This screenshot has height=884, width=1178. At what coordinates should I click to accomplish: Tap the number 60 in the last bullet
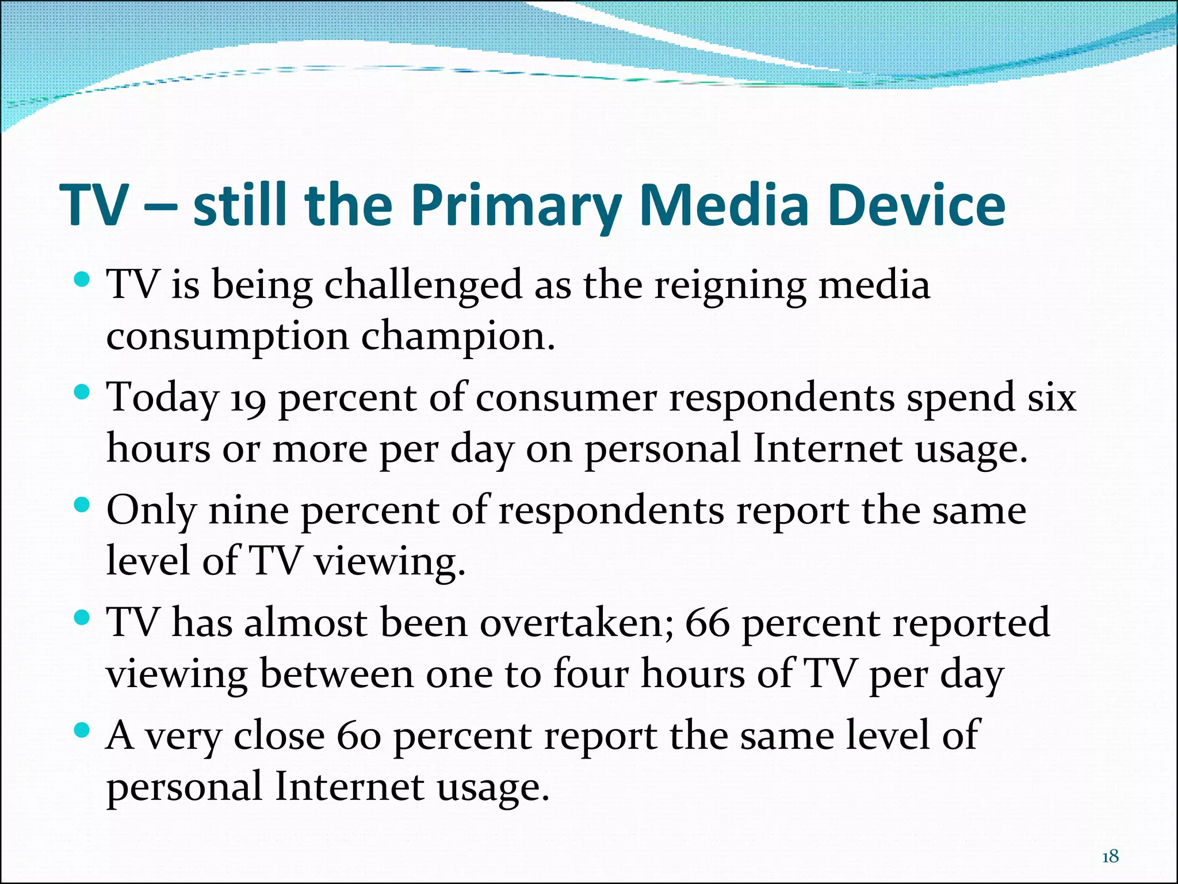(359, 737)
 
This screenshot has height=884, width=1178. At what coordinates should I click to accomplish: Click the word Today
(163, 399)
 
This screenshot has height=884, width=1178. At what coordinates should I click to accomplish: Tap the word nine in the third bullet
(248, 511)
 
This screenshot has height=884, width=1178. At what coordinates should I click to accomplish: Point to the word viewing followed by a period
(389, 562)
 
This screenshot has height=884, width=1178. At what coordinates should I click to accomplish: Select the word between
(336, 675)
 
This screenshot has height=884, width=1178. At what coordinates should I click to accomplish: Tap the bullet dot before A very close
(83, 731)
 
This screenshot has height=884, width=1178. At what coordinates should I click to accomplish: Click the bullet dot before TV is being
(83, 280)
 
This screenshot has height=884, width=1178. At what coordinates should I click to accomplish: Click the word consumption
(227, 338)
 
